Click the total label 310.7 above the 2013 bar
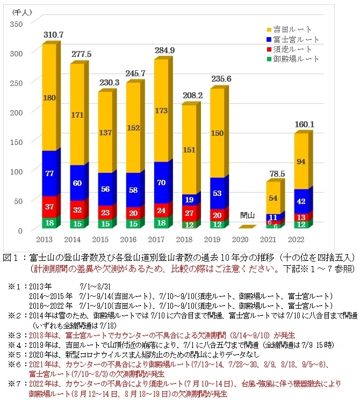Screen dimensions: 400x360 tap(53, 34)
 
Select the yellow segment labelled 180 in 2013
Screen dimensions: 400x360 tap(49, 98)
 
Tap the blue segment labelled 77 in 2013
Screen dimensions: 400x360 tap(49, 173)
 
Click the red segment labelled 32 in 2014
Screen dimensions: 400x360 tap(77, 210)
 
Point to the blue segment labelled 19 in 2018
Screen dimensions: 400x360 tap(189, 200)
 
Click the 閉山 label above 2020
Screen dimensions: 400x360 tap(247, 215)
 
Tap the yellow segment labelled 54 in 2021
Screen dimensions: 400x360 tap(273, 199)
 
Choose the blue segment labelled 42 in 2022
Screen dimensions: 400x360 tap(301, 202)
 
